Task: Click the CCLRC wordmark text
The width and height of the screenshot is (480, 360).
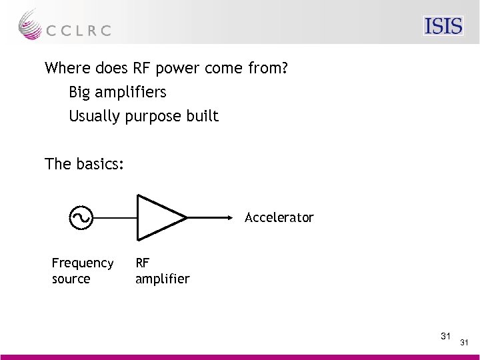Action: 79,30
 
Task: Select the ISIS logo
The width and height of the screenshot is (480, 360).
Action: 443,26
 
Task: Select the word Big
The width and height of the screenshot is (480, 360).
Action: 81,92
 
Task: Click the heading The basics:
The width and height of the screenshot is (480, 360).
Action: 84,163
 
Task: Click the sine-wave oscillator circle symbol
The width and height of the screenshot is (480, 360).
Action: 81,217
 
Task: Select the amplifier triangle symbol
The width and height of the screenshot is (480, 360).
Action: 157,217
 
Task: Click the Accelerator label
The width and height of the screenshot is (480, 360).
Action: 279,218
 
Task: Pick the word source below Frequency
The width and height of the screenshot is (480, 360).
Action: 71,279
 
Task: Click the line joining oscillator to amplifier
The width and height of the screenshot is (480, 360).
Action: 114,217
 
